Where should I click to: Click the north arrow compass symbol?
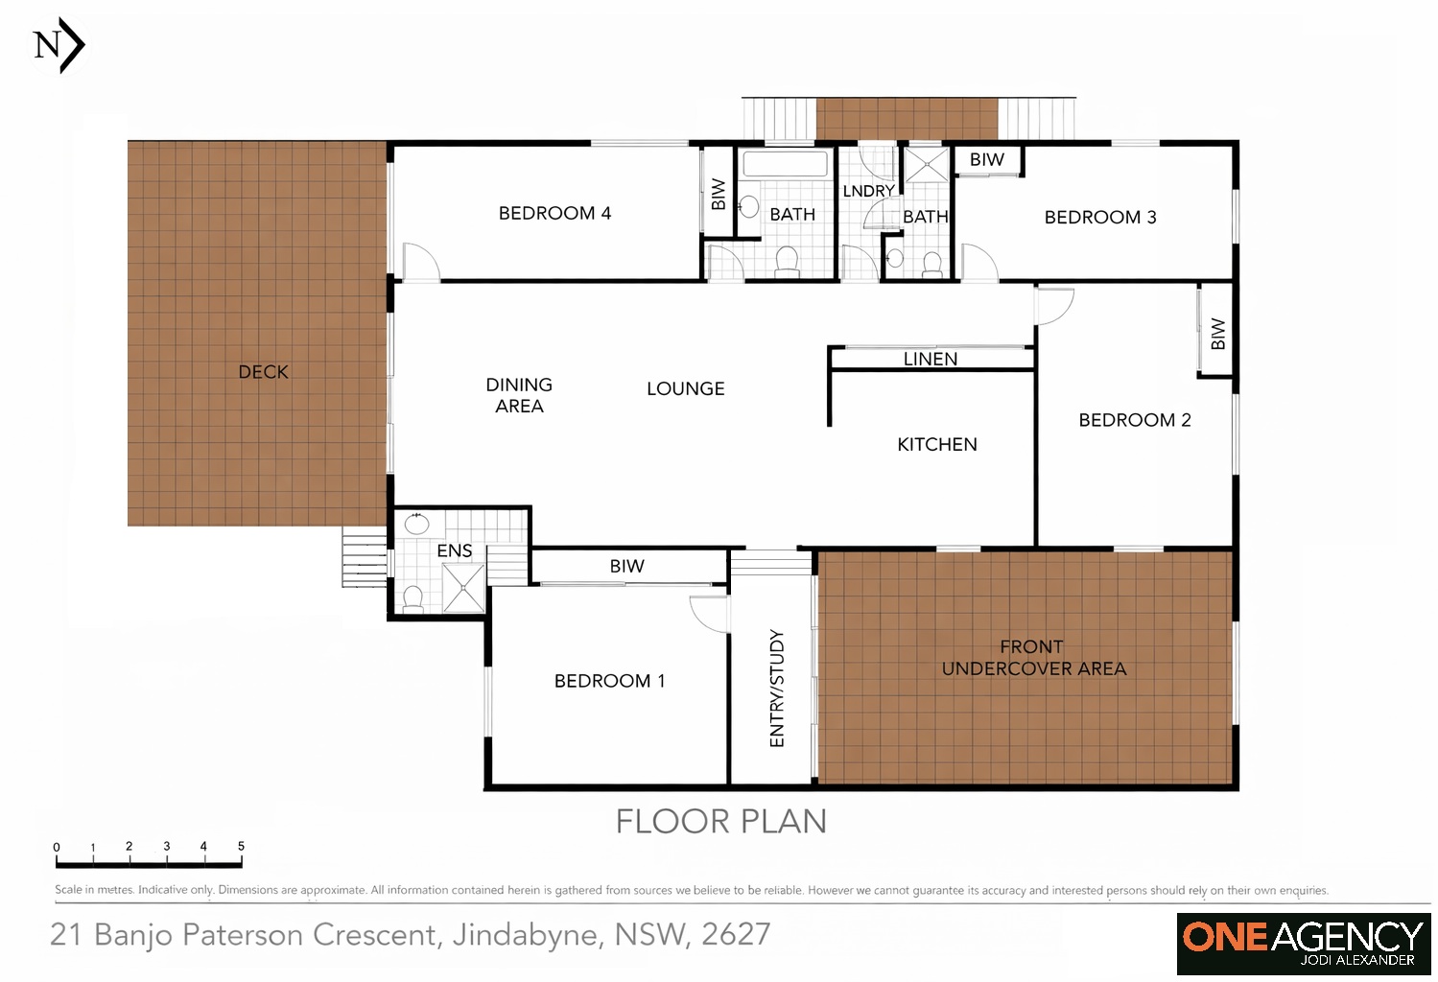pos(59,45)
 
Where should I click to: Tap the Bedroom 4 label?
pos(554,213)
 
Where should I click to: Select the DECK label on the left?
pos(263,372)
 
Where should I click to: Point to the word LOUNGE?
pos(685,388)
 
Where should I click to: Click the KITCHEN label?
pos(936,444)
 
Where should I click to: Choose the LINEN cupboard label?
pos(930,359)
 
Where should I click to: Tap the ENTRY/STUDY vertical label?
pos(777,688)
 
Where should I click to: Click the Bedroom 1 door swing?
pos(708,613)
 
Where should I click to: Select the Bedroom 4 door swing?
pos(419,261)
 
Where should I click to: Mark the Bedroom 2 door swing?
pos(1054,305)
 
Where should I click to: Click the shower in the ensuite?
pos(463,587)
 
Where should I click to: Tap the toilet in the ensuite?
pos(413,599)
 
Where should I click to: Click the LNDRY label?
pos(867,191)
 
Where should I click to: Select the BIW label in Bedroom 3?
pos(986,159)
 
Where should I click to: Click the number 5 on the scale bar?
pos(241,846)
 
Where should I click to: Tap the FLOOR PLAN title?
pos(720,821)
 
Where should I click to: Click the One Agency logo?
pos(1303,943)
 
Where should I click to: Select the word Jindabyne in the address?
pos(527,934)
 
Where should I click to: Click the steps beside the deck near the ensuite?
pos(365,557)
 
